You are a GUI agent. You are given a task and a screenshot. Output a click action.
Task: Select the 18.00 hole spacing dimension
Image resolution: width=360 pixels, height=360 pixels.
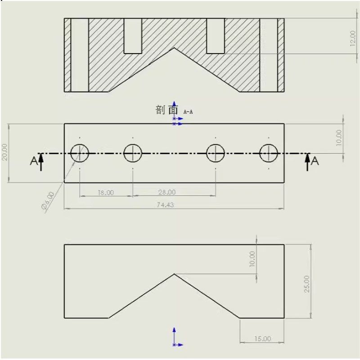(x=105, y=192)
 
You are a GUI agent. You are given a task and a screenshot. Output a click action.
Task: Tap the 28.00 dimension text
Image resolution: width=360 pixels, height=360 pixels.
(x=166, y=192)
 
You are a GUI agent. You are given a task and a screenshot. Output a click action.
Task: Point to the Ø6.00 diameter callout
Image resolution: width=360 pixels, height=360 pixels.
(x=48, y=201)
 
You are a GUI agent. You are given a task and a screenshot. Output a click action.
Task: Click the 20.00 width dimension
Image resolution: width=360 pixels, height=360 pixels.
(x=5, y=152)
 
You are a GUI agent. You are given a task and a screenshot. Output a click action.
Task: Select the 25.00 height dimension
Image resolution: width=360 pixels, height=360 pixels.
(x=306, y=283)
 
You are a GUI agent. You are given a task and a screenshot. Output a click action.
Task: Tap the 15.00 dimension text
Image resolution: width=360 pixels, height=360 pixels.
(x=262, y=338)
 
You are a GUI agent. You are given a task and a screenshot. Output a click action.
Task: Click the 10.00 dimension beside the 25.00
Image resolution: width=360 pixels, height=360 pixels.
(x=252, y=259)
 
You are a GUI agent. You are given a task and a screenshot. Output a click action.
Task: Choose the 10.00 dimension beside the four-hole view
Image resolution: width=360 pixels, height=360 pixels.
(x=339, y=138)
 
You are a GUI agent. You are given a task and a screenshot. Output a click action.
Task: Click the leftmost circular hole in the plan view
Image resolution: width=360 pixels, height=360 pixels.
(x=80, y=153)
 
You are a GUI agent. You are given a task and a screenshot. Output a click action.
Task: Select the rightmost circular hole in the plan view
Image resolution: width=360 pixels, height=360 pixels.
(x=269, y=153)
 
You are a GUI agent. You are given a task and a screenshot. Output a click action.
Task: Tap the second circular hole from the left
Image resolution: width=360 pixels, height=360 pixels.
(x=133, y=153)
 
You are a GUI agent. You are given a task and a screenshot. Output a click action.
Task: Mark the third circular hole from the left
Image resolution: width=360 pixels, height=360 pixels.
(x=216, y=153)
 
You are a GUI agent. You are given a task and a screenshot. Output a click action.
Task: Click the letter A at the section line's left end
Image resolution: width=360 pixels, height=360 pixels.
(x=34, y=161)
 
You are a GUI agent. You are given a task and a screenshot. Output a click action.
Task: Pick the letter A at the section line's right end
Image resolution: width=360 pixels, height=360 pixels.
(x=315, y=161)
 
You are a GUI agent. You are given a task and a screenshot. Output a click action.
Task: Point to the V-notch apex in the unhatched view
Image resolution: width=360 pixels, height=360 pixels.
(x=174, y=274)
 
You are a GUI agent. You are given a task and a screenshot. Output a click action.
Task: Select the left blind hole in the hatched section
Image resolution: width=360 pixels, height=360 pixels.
(x=133, y=36)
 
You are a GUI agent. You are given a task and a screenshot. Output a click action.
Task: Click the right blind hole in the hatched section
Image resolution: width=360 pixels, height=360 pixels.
(x=215, y=36)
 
